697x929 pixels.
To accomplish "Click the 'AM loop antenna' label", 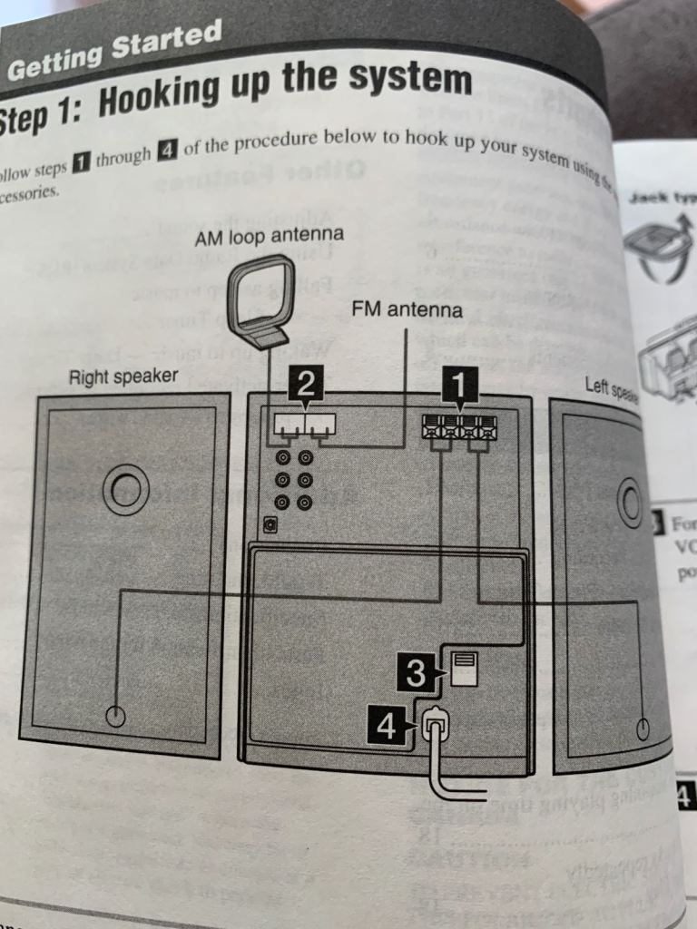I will (x=270, y=237).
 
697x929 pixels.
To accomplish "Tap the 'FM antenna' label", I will (x=407, y=311).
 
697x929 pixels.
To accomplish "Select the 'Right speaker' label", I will (x=124, y=376).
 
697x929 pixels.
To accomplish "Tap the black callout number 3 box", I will (x=416, y=672).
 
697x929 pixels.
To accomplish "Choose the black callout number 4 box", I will (x=388, y=727).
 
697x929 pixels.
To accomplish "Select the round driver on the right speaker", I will (x=125, y=489).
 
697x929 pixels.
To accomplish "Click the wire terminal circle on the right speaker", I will (x=115, y=716).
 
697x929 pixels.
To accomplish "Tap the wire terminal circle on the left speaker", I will (x=643, y=728).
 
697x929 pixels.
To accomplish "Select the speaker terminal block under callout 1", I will (x=459, y=428).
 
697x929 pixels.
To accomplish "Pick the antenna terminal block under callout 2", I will (x=304, y=424).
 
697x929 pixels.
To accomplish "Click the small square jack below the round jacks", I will (x=270, y=524).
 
